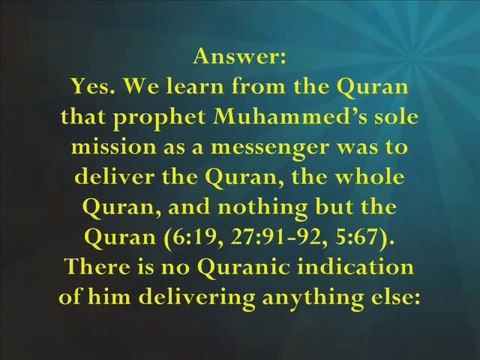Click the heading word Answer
coord(240,56)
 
